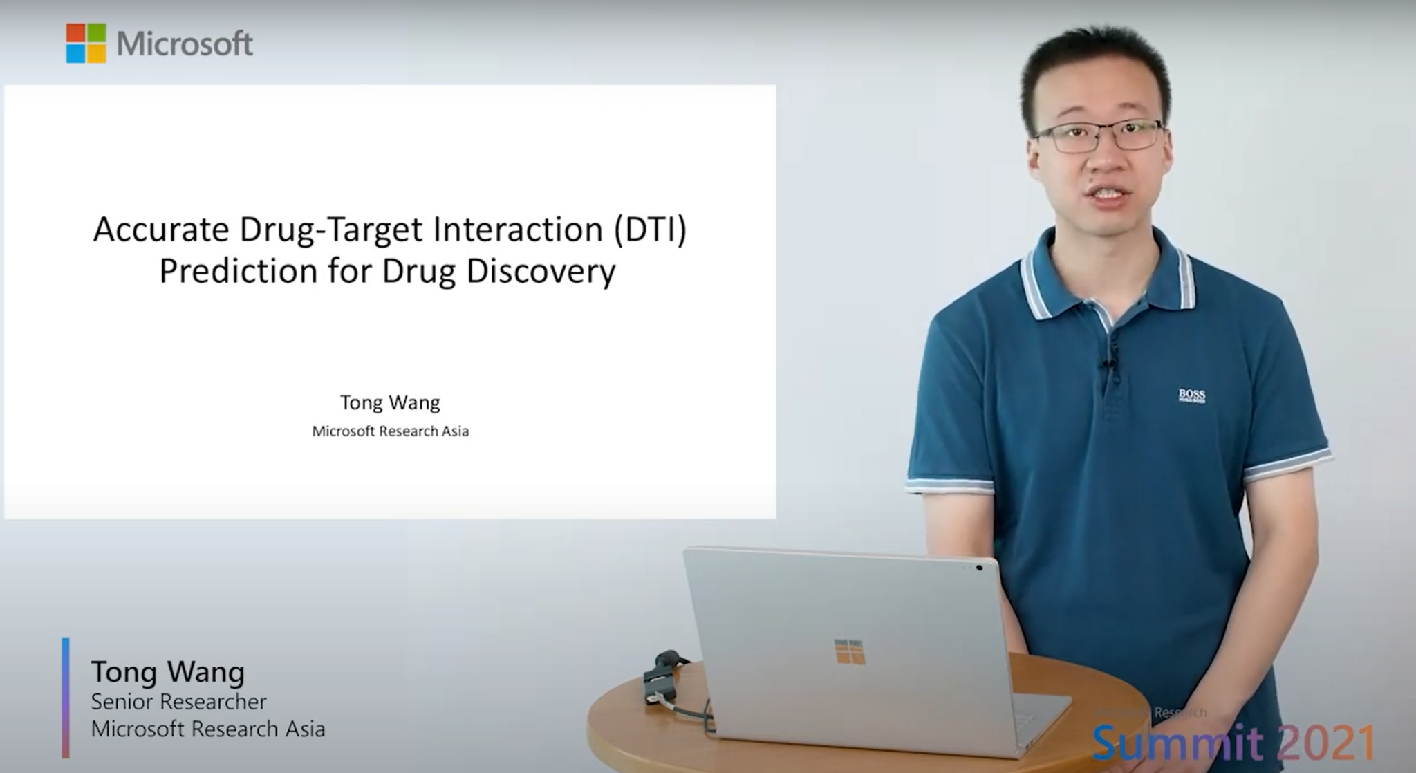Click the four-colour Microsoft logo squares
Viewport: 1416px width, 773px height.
coord(86,43)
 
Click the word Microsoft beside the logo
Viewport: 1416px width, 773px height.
coord(185,44)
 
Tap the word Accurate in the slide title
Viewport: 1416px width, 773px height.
coord(161,230)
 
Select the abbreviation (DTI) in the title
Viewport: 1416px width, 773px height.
coord(650,230)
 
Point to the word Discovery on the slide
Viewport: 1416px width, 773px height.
coord(540,271)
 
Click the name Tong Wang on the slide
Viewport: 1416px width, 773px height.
coord(390,402)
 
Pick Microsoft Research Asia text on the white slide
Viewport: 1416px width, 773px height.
coord(390,431)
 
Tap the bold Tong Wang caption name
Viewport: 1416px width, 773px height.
coord(168,672)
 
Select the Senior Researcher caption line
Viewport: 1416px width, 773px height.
coord(178,702)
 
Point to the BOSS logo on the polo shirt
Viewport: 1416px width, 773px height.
coord(1191,395)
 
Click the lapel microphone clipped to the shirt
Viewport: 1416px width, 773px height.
coord(1109,366)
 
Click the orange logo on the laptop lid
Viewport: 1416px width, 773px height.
coord(849,651)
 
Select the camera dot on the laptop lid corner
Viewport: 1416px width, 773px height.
coord(979,568)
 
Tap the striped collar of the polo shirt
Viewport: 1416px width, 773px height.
coord(1037,283)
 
